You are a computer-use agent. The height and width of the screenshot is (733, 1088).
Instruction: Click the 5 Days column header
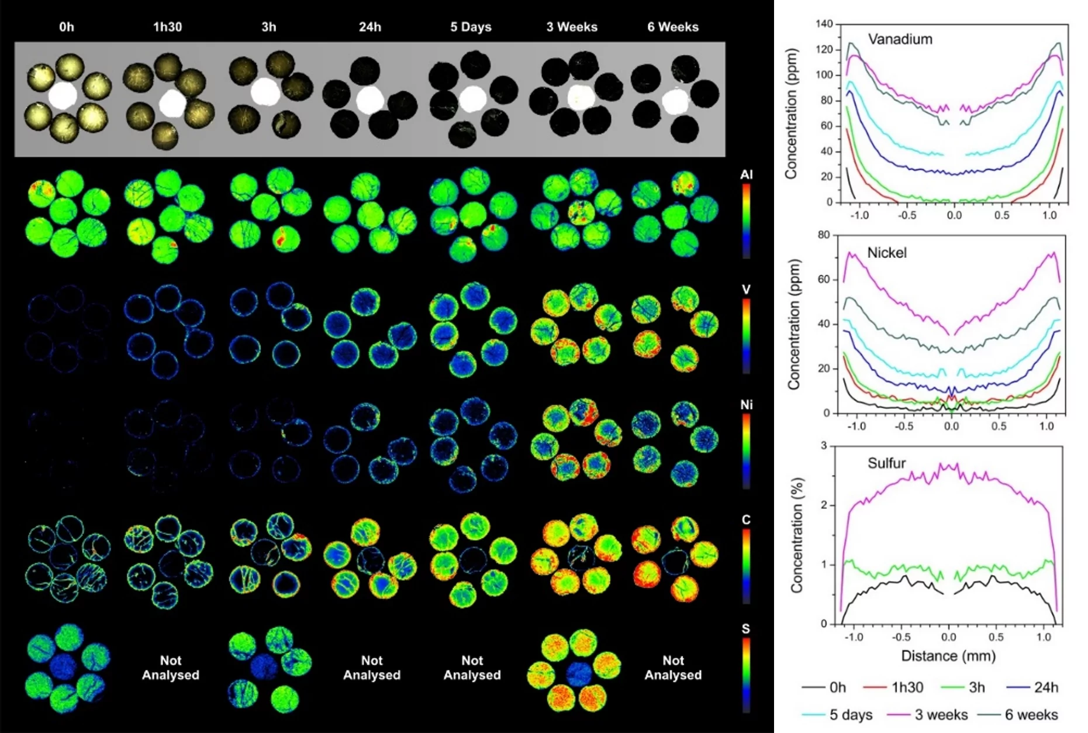pyautogui.click(x=471, y=27)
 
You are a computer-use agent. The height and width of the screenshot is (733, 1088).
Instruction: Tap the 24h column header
pyautogui.click(x=369, y=27)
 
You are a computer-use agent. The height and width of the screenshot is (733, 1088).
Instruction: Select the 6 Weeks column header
pyautogui.click(x=673, y=27)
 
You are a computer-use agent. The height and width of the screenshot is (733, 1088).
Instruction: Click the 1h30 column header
pyautogui.click(x=167, y=27)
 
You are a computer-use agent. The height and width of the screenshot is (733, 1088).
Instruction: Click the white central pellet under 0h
pyautogui.click(x=63, y=96)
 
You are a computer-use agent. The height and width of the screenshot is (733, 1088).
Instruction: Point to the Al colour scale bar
pyautogui.click(x=746, y=221)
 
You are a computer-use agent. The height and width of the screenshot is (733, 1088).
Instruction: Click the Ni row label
pyautogui.click(x=746, y=404)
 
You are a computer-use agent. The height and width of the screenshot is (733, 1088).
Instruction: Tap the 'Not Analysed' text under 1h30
pyautogui.click(x=171, y=667)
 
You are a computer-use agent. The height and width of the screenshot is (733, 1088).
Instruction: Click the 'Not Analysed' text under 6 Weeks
pyautogui.click(x=673, y=667)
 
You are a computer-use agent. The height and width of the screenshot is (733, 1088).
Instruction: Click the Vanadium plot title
pyautogui.click(x=900, y=39)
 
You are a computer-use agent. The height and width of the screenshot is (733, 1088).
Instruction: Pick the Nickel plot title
pyautogui.click(x=887, y=253)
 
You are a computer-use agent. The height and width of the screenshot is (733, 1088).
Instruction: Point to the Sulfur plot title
pyautogui.click(x=886, y=463)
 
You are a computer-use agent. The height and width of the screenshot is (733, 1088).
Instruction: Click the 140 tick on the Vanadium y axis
pyautogui.click(x=824, y=24)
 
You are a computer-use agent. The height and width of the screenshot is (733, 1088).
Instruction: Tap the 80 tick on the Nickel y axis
pyautogui.click(x=824, y=235)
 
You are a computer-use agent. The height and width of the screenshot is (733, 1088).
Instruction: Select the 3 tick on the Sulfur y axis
pyautogui.click(x=824, y=446)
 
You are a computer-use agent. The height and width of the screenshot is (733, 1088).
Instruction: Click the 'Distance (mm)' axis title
pyautogui.click(x=948, y=656)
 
